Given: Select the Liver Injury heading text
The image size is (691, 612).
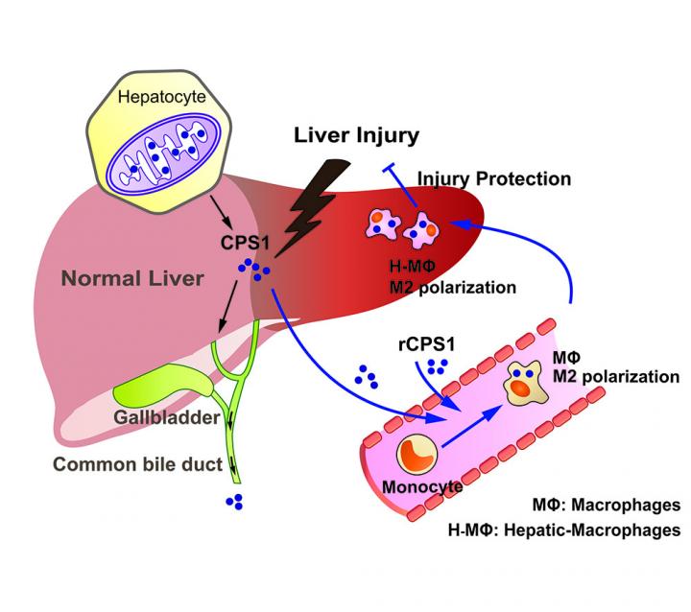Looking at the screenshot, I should click(x=356, y=135).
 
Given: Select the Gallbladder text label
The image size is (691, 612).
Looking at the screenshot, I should click(x=172, y=418).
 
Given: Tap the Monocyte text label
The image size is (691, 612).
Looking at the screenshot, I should click(x=423, y=486).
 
